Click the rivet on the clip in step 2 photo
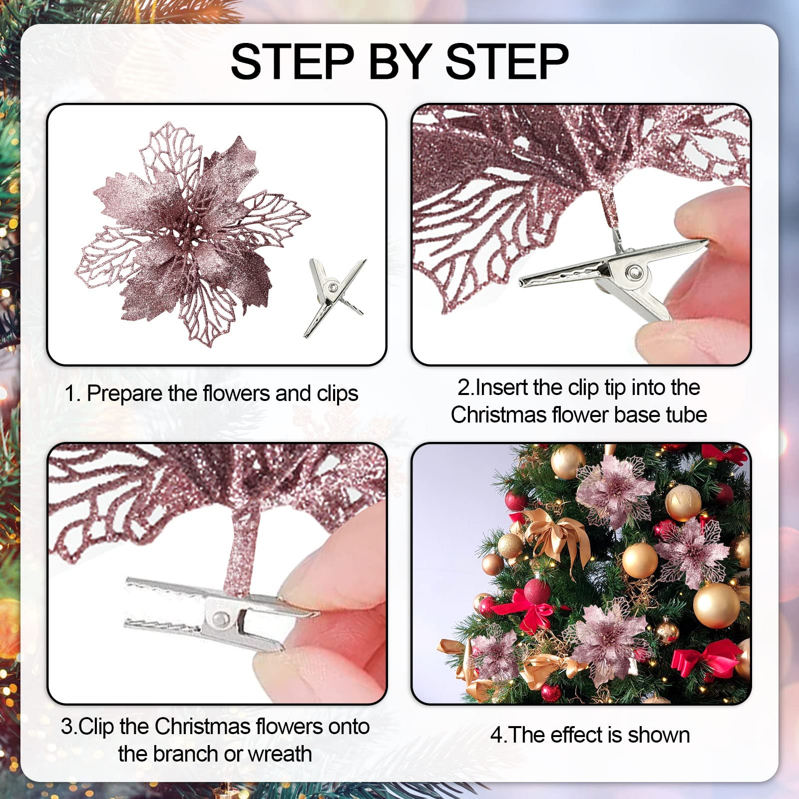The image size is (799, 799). click(635, 272)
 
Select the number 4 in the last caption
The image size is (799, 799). click(496, 736)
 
